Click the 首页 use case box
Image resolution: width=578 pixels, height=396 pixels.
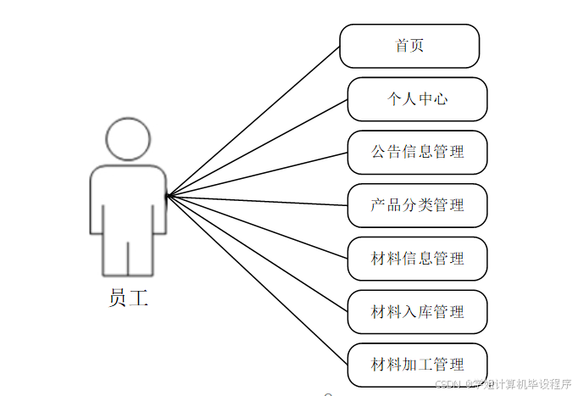pos(409,46)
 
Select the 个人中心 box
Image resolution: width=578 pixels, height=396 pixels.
pos(417,99)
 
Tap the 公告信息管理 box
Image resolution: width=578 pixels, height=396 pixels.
pos(417,153)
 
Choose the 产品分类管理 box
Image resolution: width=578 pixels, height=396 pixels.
pos(417,205)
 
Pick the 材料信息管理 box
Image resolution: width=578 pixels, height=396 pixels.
pos(417,259)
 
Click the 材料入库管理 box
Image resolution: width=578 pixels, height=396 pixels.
pos(417,312)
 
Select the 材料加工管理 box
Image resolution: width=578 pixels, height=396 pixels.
pos(417,365)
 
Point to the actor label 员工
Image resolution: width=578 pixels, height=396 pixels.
pos(128,298)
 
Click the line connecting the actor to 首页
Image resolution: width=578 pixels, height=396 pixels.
pos(254,120)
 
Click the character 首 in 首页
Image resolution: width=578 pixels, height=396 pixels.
pos(402,46)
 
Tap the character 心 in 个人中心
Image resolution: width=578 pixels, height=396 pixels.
pos(440,99)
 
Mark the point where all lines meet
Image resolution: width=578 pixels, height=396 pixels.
pos(167,196)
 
